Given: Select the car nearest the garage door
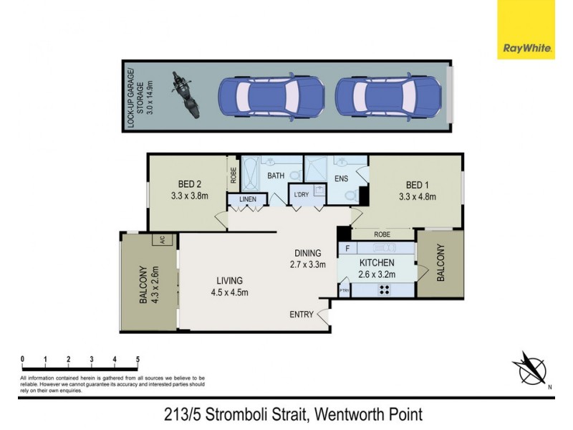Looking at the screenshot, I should [387, 95].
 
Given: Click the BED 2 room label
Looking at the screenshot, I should [182, 182].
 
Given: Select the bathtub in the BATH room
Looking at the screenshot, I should [251, 174].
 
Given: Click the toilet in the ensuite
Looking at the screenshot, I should [351, 196].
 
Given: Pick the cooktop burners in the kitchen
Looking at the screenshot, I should [384, 290].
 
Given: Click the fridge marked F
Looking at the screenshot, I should [347, 249].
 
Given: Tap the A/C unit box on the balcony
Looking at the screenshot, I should [163, 241].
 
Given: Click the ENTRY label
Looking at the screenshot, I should [302, 315].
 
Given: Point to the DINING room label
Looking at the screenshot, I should [307, 253].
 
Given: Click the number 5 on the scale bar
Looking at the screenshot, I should [138, 360].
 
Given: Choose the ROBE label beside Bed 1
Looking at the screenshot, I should [381, 234].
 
